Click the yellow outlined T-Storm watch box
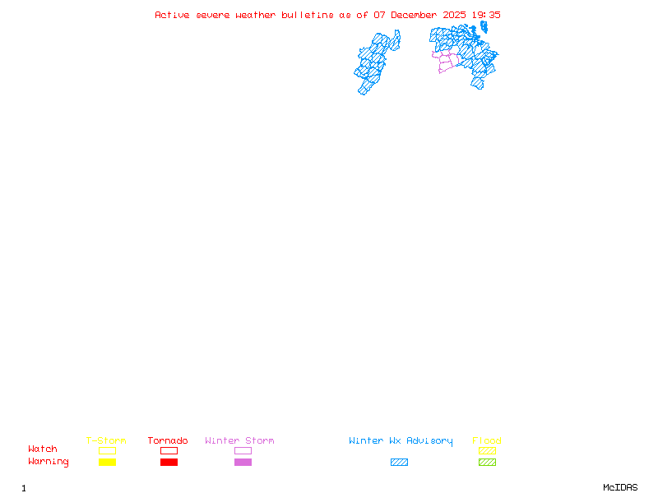[107, 450]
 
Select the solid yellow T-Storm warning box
[107, 462]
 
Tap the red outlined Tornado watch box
[169, 450]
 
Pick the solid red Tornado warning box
[169, 462]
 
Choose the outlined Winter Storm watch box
[243, 450]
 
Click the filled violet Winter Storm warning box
[243, 462]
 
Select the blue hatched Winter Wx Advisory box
[399, 462]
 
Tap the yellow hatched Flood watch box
[487, 450]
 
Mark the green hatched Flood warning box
[487, 462]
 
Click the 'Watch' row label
[43, 449]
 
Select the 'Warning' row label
[49, 462]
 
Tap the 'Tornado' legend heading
[168, 441]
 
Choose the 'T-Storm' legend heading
[106, 441]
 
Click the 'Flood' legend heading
[487, 441]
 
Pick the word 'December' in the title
[415, 15]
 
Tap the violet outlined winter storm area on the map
[446, 61]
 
